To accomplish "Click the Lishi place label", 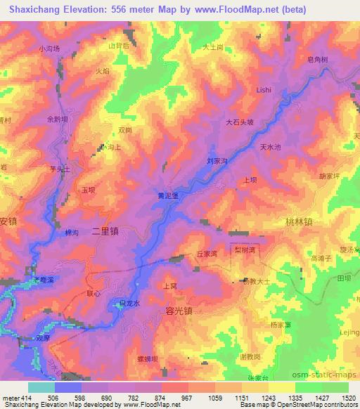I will tap(264, 90).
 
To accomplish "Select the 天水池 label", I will tap(271, 147).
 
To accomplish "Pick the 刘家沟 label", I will tap(217, 162).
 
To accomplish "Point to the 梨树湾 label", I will tap(245, 249).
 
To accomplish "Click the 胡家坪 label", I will tap(330, 176).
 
